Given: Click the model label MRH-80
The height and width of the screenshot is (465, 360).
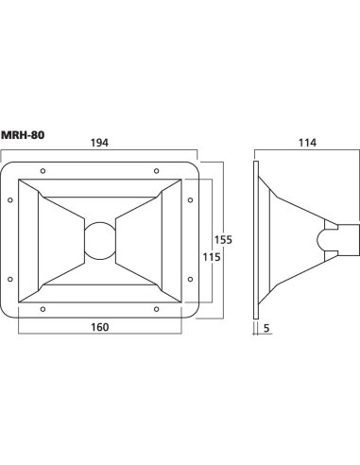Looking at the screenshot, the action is tap(23, 135).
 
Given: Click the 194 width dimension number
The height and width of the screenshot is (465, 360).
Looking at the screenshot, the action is tap(99, 143).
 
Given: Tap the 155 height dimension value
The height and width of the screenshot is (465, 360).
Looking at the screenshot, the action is tap(223, 240).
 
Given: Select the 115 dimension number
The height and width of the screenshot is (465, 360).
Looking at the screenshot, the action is tap(212, 257).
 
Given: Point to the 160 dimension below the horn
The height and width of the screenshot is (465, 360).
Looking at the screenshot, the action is tap(100, 327).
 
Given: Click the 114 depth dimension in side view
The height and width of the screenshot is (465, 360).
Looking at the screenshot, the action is tap(307, 143).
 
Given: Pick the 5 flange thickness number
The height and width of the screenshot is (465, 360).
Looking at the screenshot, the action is tap(266, 328).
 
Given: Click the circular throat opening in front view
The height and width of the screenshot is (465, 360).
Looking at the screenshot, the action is tap(100, 241).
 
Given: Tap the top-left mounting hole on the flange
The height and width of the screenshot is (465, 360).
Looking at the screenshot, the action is tap(43, 171).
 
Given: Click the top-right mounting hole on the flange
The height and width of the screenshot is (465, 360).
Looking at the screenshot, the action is tap(156, 171).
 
